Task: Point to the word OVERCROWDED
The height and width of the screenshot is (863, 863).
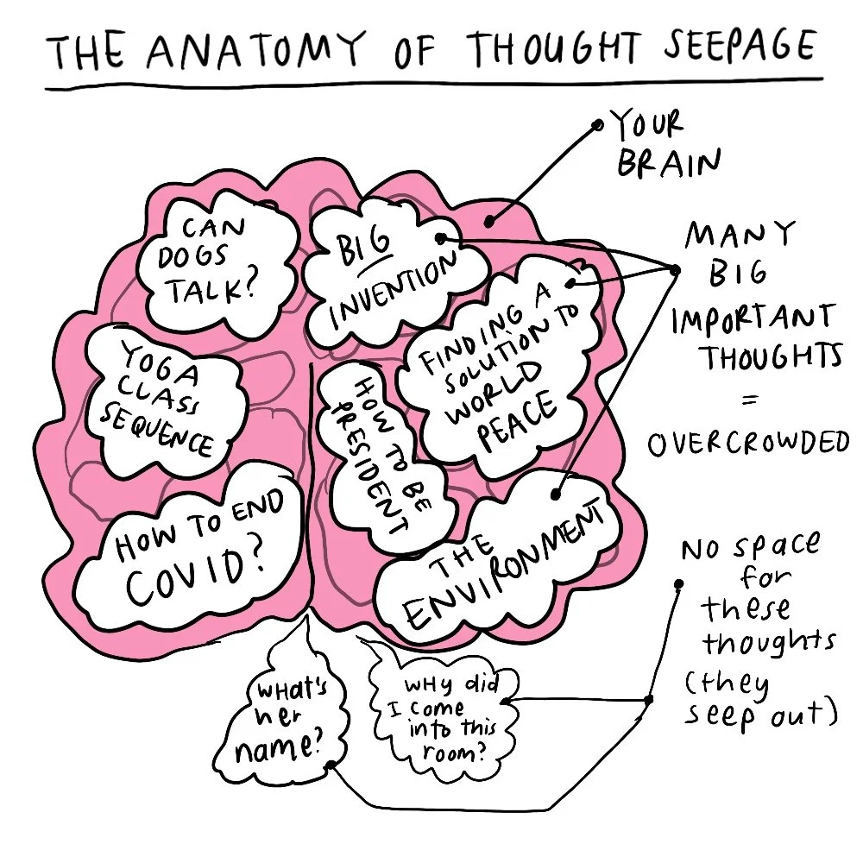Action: (747, 444)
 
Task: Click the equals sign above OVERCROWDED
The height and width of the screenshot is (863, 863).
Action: (749, 400)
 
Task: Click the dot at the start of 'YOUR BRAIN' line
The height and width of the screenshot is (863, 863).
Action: (598, 125)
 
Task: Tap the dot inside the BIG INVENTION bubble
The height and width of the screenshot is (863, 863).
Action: (440, 237)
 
